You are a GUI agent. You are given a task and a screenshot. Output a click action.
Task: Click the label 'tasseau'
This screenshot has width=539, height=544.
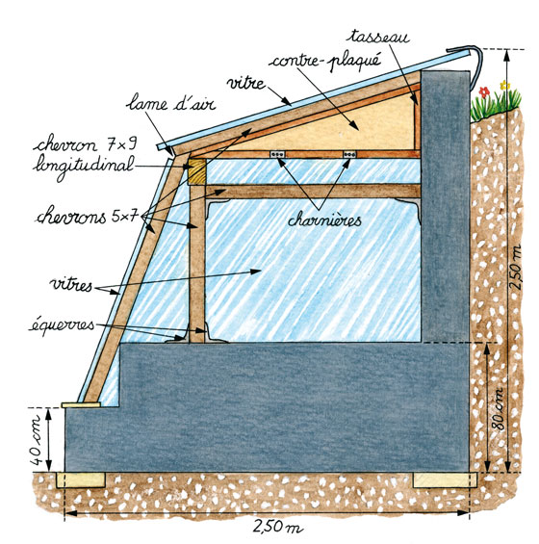click(x=379, y=37)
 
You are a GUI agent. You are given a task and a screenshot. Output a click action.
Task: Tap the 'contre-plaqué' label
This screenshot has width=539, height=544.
click(x=325, y=62)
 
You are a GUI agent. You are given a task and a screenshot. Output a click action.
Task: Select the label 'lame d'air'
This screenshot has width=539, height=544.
click(x=171, y=103)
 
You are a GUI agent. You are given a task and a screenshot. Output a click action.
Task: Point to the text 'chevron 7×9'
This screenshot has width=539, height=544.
click(x=85, y=144)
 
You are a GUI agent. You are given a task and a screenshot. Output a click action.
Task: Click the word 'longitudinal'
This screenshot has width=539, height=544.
click(x=83, y=166)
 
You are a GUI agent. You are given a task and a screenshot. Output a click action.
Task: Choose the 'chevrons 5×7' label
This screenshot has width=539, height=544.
click(x=88, y=218)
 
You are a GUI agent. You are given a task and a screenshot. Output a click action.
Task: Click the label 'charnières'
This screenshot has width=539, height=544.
click(x=324, y=220)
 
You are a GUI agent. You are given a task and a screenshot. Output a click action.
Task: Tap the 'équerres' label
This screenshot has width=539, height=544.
click(x=62, y=325)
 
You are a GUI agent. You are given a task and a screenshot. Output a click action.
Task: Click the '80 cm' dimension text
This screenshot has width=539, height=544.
click(x=499, y=409)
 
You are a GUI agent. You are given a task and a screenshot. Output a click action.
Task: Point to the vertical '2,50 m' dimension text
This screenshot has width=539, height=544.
click(x=516, y=267)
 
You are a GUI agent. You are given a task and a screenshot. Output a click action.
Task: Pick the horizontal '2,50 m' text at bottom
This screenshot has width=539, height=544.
click(x=276, y=526)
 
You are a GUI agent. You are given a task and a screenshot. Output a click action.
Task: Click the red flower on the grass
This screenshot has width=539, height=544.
click(x=484, y=91)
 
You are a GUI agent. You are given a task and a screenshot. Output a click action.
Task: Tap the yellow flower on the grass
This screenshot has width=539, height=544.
click(x=504, y=85)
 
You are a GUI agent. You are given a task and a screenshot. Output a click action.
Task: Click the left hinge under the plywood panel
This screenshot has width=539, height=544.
click(x=278, y=154)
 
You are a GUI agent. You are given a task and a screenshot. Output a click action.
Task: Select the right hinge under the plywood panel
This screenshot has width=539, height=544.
click(x=349, y=154)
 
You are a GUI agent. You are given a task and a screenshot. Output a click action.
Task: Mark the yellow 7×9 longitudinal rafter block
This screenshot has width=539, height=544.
click(x=196, y=171)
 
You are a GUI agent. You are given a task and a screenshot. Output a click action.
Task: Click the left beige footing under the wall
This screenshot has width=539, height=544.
click(x=81, y=479)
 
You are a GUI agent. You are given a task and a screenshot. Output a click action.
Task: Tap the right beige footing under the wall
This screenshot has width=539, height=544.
click(x=445, y=479)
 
